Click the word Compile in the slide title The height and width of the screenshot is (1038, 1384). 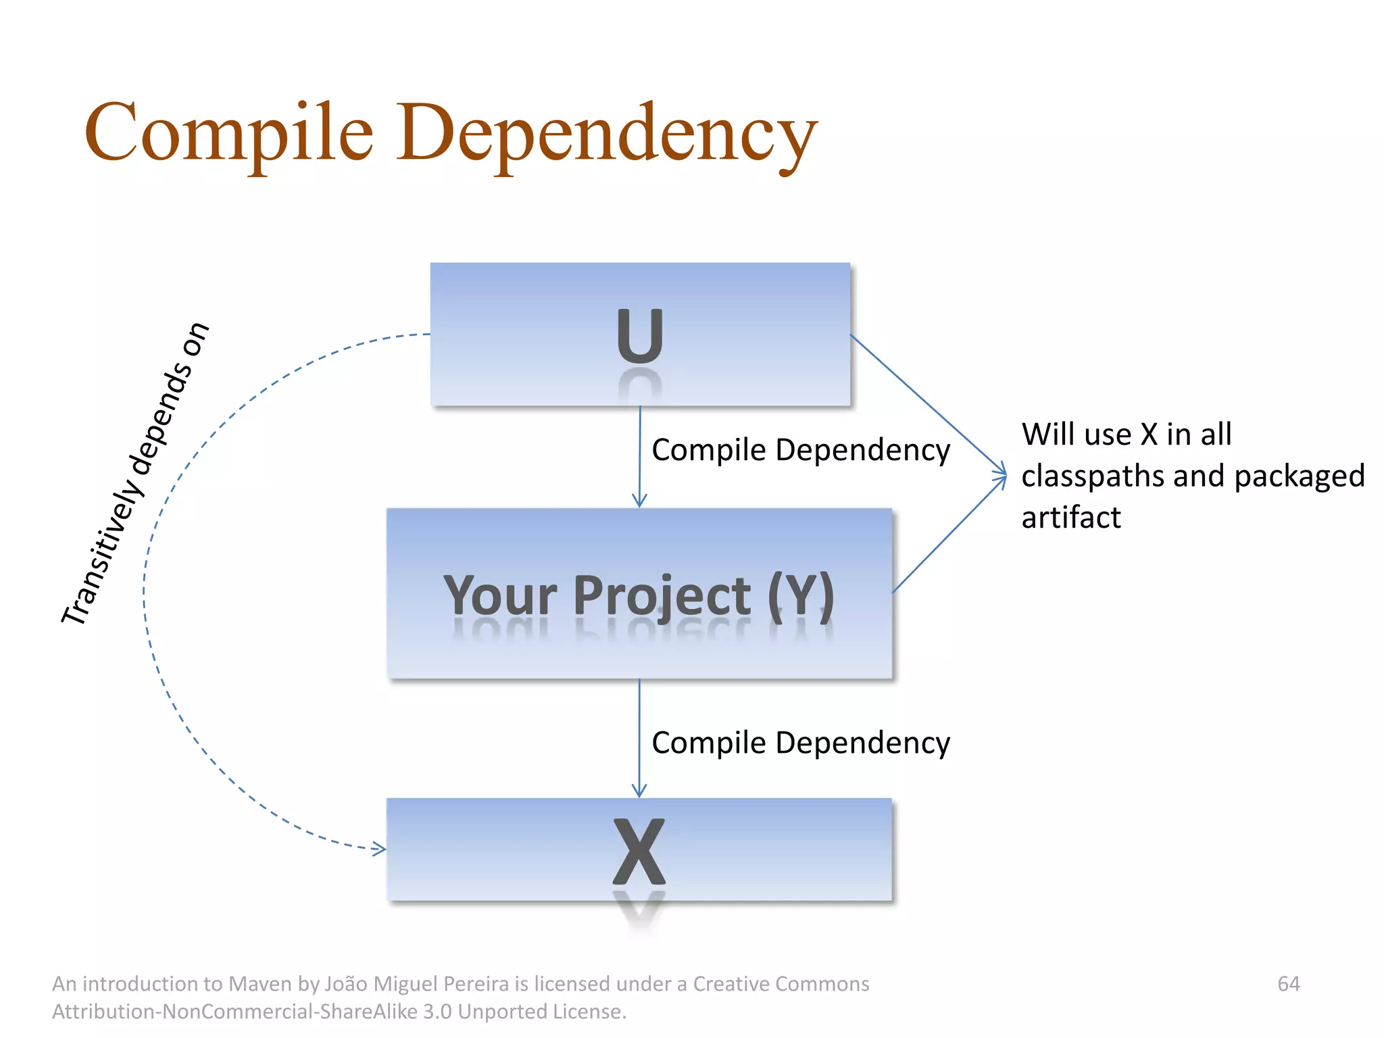(x=228, y=133)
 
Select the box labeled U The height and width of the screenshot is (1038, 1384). (x=640, y=335)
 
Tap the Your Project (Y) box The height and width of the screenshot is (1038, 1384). (x=639, y=593)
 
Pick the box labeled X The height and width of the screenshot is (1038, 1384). (x=639, y=849)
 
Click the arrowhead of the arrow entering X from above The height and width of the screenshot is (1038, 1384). (x=639, y=791)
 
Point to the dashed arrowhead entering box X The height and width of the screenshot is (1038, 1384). (x=380, y=849)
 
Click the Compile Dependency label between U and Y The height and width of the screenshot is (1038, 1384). (x=801, y=450)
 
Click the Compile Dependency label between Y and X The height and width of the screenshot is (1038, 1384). (x=801, y=743)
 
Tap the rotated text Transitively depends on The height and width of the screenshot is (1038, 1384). (x=135, y=473)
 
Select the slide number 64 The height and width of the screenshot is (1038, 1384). (x=1289, y=983)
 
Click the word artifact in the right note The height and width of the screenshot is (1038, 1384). (x=1071, y=518)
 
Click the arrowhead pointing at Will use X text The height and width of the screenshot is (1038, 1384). (x=1002, y=476)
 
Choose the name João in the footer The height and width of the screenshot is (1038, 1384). (x=346, y=983)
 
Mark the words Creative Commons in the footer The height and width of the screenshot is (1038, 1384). (x=781, y=983)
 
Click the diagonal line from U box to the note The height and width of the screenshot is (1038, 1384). (x=926, y=404)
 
